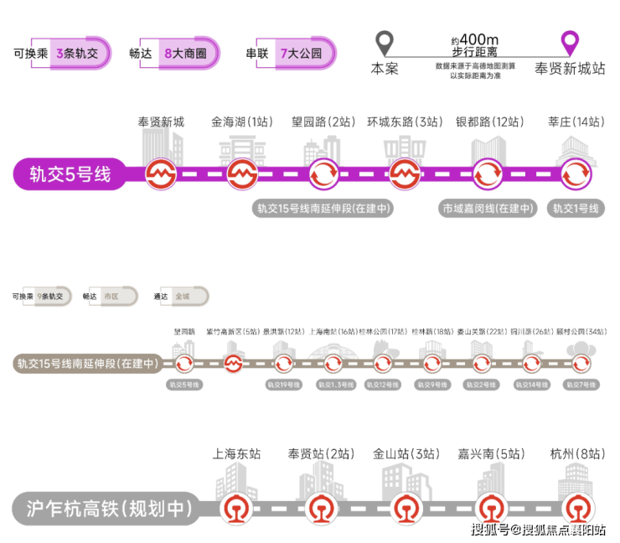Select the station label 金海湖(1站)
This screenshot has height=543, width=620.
242,122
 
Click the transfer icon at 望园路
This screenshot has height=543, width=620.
323,175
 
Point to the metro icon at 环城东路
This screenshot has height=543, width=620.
405,175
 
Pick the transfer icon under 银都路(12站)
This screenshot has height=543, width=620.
486,175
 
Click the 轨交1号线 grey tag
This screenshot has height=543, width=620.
575,209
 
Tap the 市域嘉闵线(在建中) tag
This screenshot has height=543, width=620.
488,209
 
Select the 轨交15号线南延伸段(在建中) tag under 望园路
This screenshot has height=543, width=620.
323,209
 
